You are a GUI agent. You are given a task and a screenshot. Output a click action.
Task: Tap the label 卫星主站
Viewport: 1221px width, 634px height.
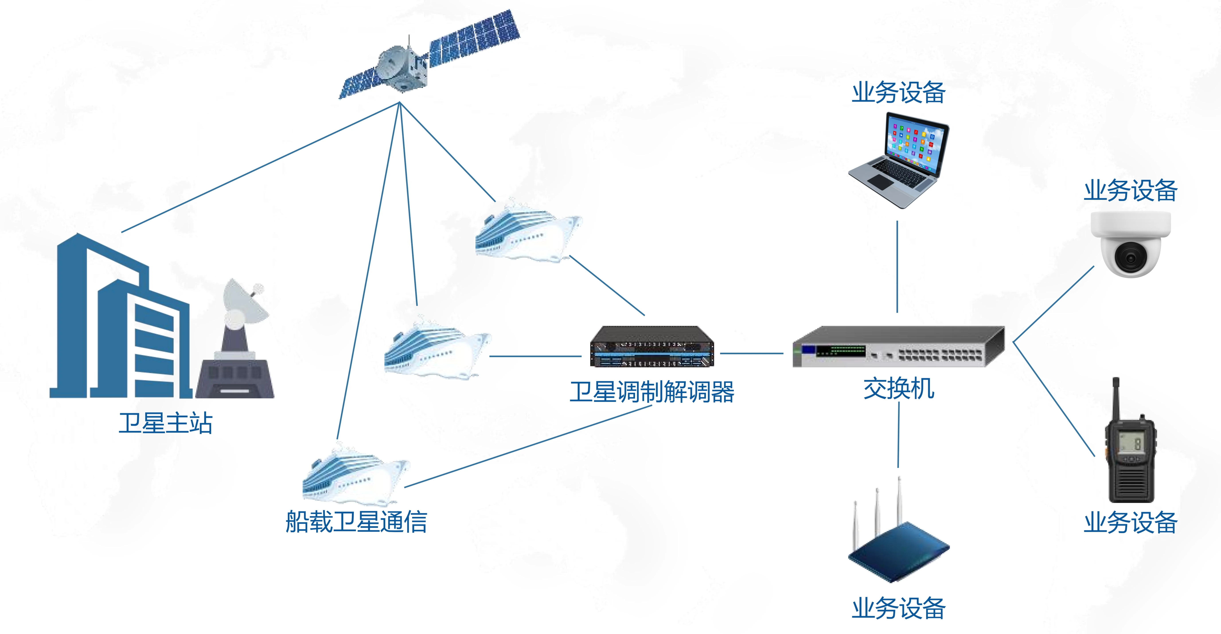click(166, 423)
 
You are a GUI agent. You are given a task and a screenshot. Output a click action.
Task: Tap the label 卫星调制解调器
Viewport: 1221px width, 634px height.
click(652, 392)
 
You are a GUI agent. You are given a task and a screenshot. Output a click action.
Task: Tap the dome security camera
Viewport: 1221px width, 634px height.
click(1130, 244)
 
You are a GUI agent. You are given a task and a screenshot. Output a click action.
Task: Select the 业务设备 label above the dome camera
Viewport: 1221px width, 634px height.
click(1130, 191)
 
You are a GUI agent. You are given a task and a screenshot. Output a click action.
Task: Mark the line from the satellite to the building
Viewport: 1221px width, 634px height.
click(261, 167)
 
